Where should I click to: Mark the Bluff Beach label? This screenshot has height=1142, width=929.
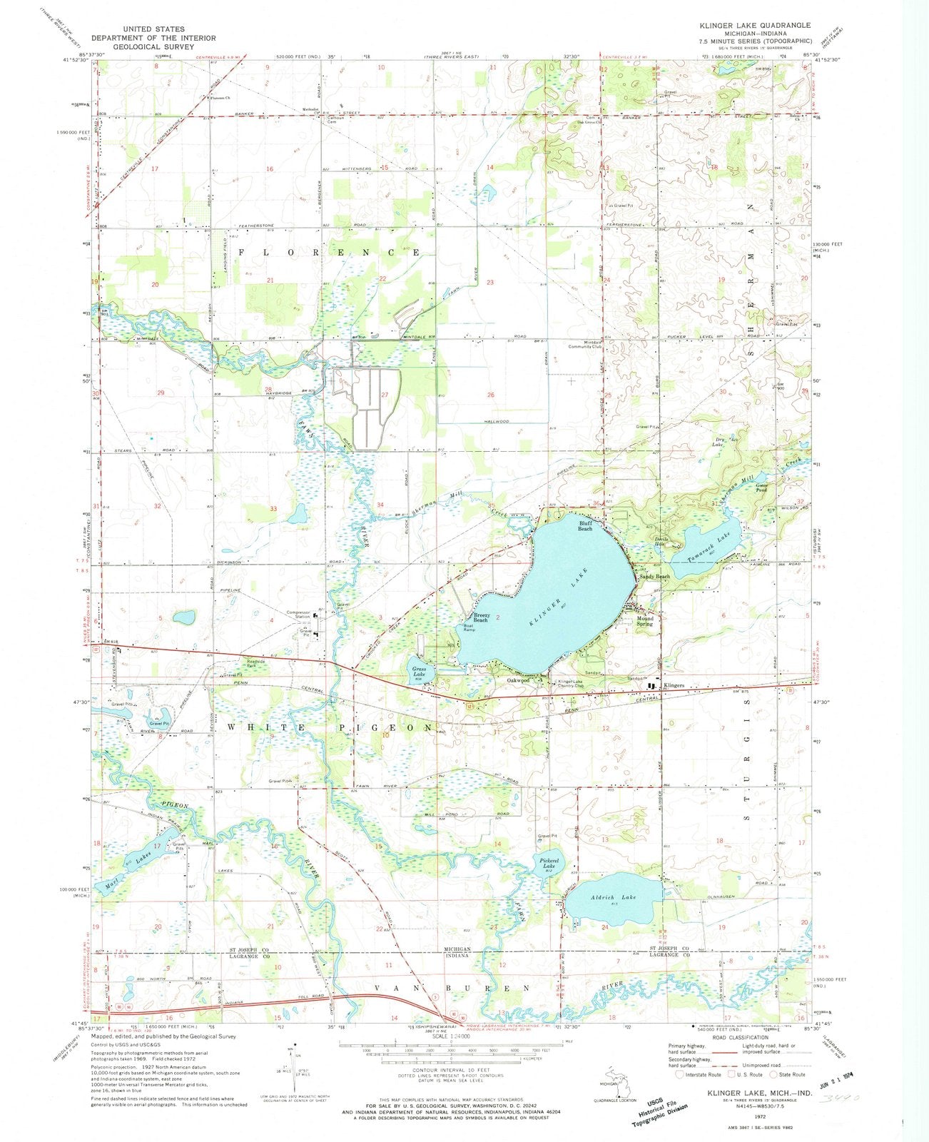coord(585,525)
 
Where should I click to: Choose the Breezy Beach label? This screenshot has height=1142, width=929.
coord(481,617)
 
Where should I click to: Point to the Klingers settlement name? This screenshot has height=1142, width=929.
coord(674,686)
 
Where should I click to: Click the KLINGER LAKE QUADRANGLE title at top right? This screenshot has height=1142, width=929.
coord(756,26)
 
